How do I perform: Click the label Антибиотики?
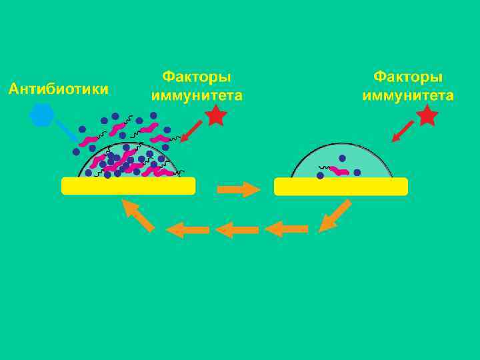pyautogui.click(x=58, y=88)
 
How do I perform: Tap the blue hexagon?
pyautogui.click(x=41, y=116)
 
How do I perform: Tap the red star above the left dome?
pyautogui.click(x=215, y=117)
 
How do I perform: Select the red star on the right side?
pyautogui.click(x=427, y=117)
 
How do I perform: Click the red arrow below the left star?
pyautogui.click(x=191, y=133)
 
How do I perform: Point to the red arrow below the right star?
pyautogui.click(x=402, y=133)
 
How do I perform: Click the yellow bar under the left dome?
pyautogui.click(x=128, y=186)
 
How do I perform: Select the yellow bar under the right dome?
pyautogui.click(x=341, y=186)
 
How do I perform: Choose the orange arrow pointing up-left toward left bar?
pyautogui.click(x=138, y=215)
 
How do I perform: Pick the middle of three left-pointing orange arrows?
pyautogui.click(x=237, y=230)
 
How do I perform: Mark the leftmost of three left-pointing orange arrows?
pyautogui.click(x=187, y=230)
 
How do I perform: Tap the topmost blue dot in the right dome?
pyautogui.click(x=342, y=159)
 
